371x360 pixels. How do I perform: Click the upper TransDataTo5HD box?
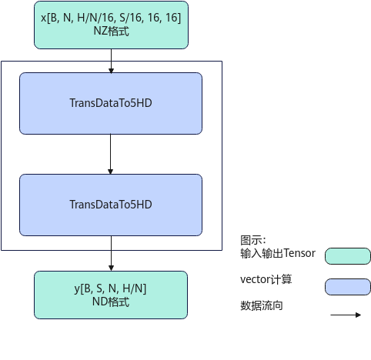[111, 103]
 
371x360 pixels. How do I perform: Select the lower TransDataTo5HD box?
[111, 205]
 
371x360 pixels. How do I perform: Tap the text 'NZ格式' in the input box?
[111, 32]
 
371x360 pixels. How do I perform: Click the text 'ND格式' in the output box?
[111, 302]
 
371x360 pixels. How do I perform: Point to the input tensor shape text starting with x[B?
[111, 18]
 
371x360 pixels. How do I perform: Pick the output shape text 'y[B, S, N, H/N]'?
[110, 288]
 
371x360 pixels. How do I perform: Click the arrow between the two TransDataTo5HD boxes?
[111, 154]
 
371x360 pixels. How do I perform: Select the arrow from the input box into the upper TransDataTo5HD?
[111, 61]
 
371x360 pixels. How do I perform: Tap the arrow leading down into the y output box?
[111, 253]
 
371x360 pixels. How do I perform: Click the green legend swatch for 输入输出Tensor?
[348, 256]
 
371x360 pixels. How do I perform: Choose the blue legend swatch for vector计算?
[348, 287]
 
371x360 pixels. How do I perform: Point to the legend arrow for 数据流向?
[346, 315]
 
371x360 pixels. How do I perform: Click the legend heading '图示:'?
[253, 240]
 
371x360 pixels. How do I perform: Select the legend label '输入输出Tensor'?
[278, 253]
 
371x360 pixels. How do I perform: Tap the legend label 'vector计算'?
[266, 279]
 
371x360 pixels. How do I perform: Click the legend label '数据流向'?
[262, 305]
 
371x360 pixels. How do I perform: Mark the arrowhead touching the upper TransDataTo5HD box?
[111, 71]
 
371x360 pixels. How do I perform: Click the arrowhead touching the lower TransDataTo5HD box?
[111, 172]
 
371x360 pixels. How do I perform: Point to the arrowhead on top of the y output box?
[111, 268]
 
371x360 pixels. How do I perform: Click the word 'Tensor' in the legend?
[299, 253]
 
